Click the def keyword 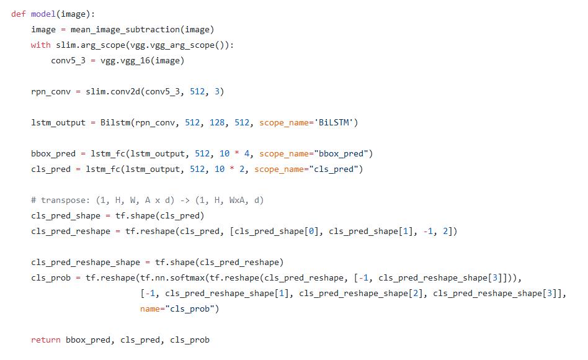tap(18, 14)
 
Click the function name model tap(43, 14)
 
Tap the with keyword tap(40, 45)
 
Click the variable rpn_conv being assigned tap(50, 91)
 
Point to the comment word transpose tap(63, 200)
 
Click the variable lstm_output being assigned tap(58, 122)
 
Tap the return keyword tap(45, 340)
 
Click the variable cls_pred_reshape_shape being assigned tap(85, 262)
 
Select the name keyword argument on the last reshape tap(149, 308)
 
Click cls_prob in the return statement tap(189, 340)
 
